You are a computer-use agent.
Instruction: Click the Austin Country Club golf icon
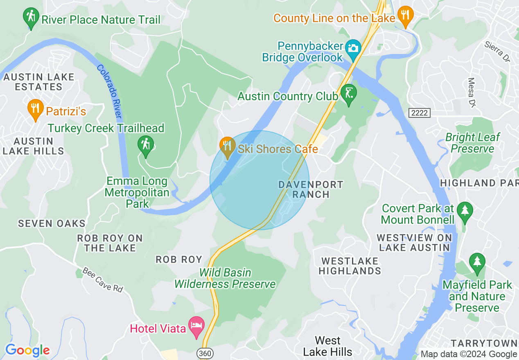349,94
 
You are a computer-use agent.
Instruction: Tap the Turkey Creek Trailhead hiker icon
146,145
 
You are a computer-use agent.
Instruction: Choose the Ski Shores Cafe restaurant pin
227,146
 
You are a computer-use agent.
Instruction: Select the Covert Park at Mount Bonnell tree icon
465,211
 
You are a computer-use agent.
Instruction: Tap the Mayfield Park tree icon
477,262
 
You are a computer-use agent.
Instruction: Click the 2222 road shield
420,113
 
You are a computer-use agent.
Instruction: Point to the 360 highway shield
204,353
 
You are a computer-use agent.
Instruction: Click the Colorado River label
110,92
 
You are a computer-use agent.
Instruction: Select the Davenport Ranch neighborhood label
311,189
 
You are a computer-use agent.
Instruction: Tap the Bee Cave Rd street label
102,280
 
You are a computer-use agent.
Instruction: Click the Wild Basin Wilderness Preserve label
225,278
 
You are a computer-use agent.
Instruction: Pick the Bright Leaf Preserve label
472,143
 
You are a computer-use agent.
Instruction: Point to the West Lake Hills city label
327,346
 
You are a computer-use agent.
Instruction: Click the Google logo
27,351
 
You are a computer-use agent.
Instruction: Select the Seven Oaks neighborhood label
52,223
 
